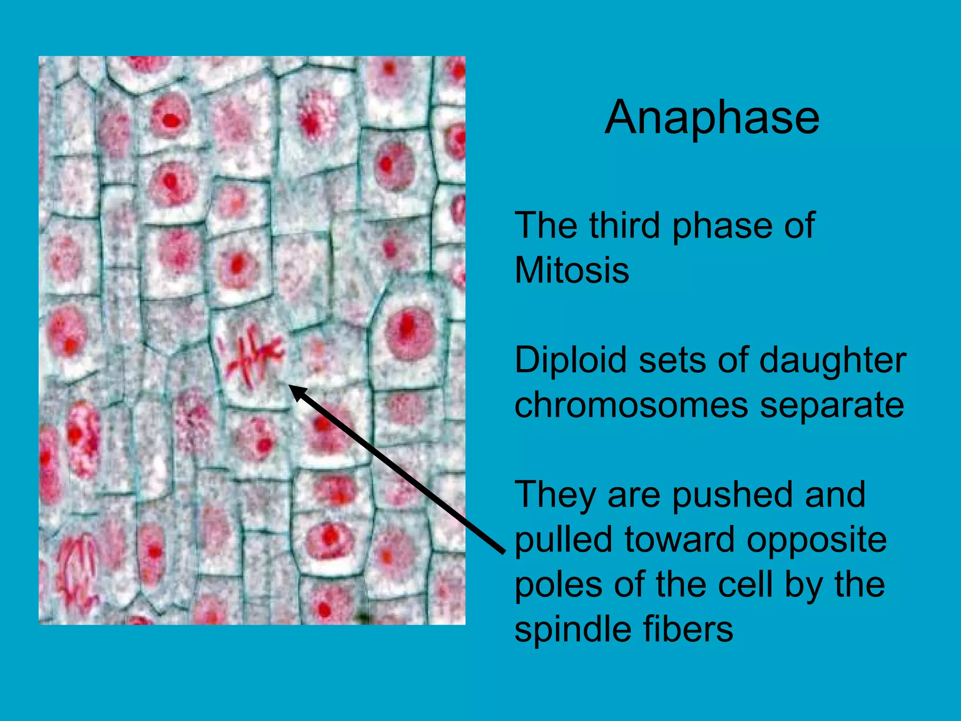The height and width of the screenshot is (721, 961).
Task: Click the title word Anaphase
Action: coord(712,118)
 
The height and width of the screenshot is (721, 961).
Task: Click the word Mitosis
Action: coord(572,270)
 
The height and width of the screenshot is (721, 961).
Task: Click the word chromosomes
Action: coord(631,406)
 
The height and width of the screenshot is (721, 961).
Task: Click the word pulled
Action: coord(564,540)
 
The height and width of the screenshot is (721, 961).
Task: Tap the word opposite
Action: coord(816,540)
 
